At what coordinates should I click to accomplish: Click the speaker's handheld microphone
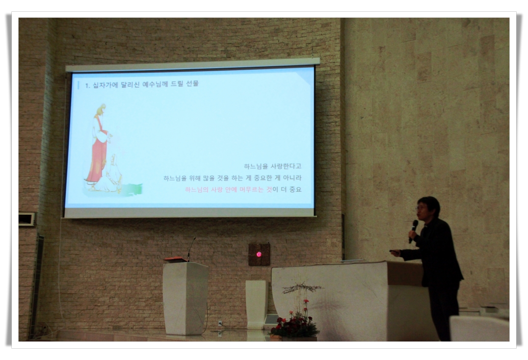click(x=413, y=231)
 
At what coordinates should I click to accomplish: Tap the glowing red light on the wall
click(x=259, y=254)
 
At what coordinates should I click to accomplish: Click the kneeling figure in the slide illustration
click(x=111, y=175)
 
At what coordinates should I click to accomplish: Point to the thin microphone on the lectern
click(x=191, y=249)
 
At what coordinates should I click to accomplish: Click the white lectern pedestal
click(x=185, y=298)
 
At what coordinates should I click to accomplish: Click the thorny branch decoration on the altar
click(x=302, y=288)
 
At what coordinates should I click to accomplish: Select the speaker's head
click(x=428, y=207)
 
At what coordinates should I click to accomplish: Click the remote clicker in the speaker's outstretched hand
click(x=394, y=251)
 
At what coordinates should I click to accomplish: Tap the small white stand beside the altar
click(x=257, y=305)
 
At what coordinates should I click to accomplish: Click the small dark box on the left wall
click(x=26, y=219)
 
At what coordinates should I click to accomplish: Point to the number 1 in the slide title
click(x=87, y=86)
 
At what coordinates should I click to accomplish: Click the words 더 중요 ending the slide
click(x=291, y=189)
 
